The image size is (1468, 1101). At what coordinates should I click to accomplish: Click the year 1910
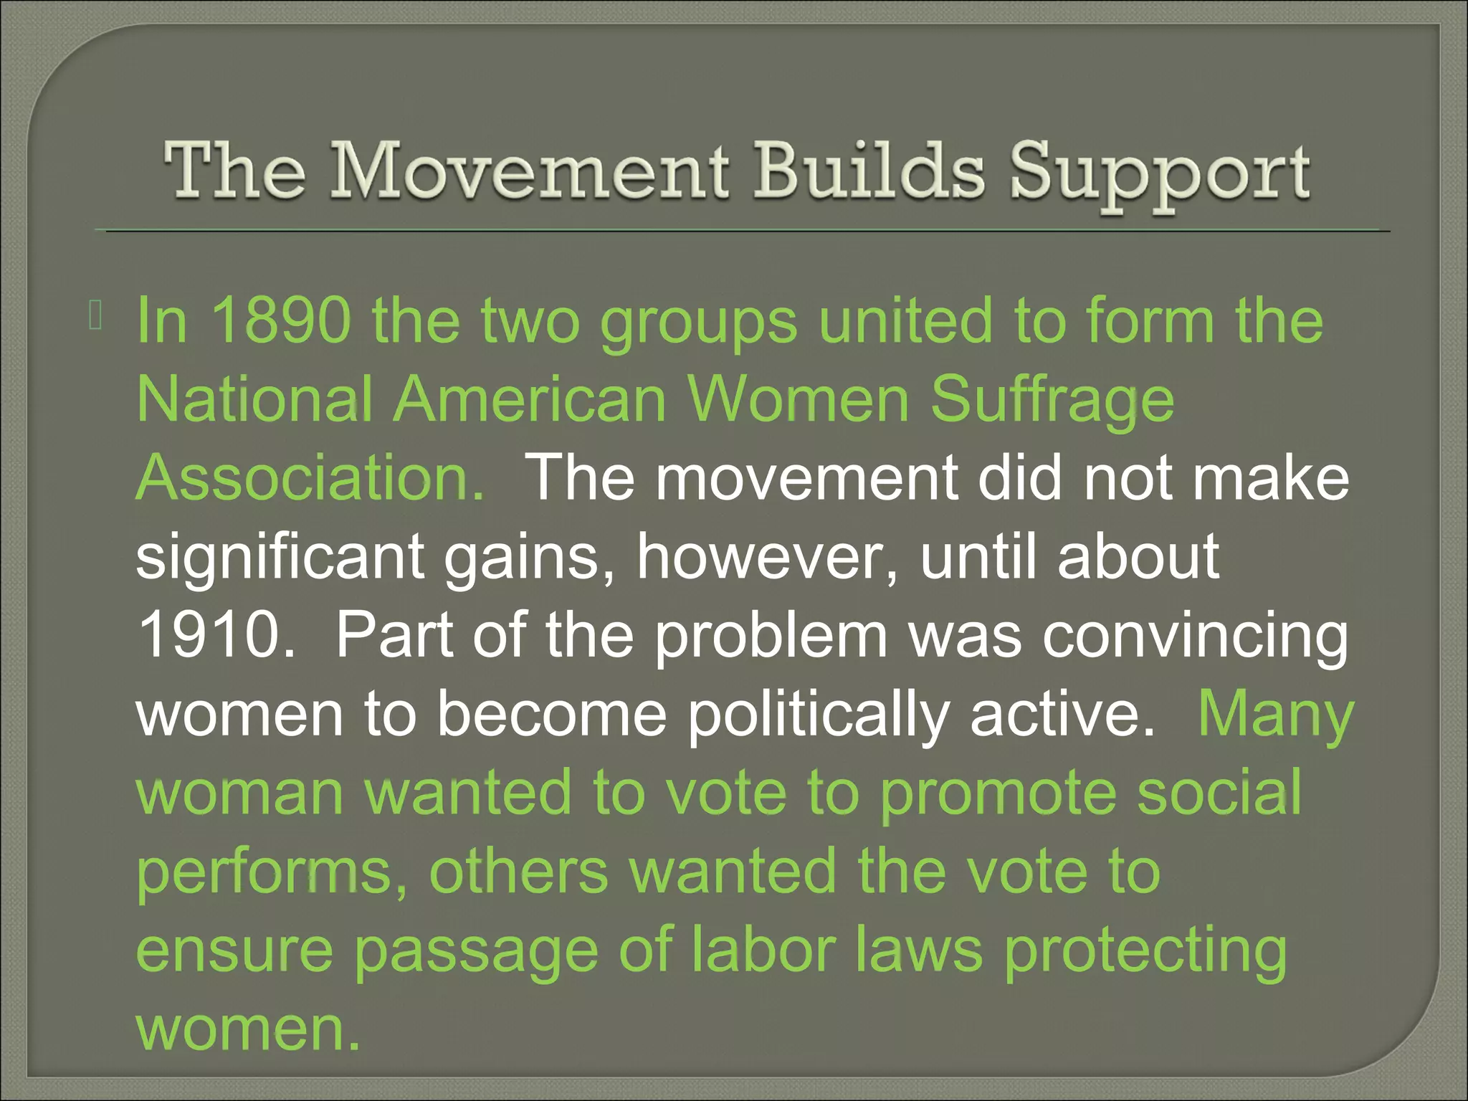tap(215, 635)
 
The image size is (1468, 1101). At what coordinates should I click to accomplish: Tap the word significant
tap(280, 558)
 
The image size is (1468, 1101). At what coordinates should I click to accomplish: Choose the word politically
tap(818, 715)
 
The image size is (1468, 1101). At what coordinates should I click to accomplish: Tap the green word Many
tap(1275, 715)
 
